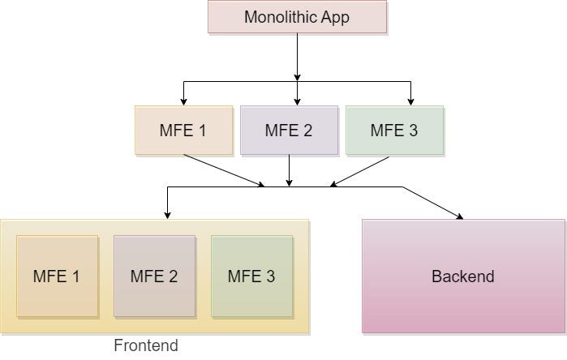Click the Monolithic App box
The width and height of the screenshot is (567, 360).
pyautogui.click(x=297, y=17)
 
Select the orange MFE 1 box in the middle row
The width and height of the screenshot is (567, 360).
pyautogui.click(x=184, y=131)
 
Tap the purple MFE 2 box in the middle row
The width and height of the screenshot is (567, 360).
pyautogui.click(x=289, y=131)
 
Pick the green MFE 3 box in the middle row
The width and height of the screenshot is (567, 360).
pyautogui.click(x=394, y=131)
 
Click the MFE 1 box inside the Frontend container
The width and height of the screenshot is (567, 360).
pyautogui.click(x=57, y=276)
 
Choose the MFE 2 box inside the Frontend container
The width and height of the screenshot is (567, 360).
pyautogui.click(x=154, y=276)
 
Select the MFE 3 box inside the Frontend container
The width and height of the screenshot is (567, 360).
pyautogui.click(x=251, y=276)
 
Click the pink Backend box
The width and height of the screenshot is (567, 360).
pyautogui.click(x=463, y=276)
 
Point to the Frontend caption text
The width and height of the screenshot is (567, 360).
pyautogui.click(x=146, y=345)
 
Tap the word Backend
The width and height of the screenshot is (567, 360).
pyautogui.click(x=463, y=276)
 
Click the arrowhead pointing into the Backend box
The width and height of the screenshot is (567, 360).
pyautogui.click(x=460, y=216)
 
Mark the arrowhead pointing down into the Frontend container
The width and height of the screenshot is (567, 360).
pyautogui.click(x=167, y=215)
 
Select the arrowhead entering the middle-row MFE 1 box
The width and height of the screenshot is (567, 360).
pyautogui.click(x=184, y=101)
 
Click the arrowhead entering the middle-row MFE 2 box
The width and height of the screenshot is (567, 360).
pyautogui.click(x=297, y=101)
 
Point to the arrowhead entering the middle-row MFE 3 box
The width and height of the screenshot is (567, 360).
pyautogui.click(x=410, y=101)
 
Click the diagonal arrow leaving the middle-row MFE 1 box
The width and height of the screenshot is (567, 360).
pyautogui.click(x=223, y=170)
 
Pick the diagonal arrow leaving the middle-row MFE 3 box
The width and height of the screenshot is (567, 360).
pyautogui.click(x=361, y=170)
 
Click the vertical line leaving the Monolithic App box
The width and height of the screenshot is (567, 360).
pyautogui.click(x=297, y=57)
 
